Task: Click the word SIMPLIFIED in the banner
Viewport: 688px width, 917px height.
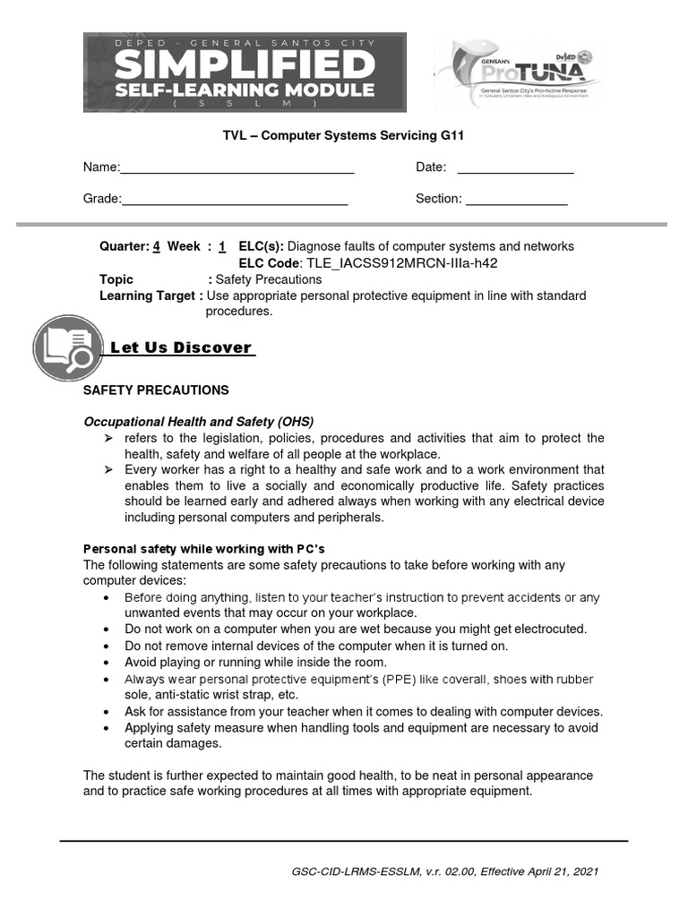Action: (244, 64)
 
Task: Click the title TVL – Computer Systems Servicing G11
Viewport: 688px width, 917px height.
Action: (344, 136)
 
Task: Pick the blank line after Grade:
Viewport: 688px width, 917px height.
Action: (235, 199)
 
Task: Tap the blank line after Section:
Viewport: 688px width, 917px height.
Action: (516, 199)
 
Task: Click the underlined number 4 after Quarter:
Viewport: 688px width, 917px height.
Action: (157, 246)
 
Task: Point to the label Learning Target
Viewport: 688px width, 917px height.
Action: (147, 296)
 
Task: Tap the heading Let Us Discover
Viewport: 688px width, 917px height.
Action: (180, 348)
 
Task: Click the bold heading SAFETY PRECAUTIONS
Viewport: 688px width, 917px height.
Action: (156, 390)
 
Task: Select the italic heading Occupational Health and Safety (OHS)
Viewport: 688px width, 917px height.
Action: (199, 421)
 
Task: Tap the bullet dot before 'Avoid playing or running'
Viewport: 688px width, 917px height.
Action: (107, 663)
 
